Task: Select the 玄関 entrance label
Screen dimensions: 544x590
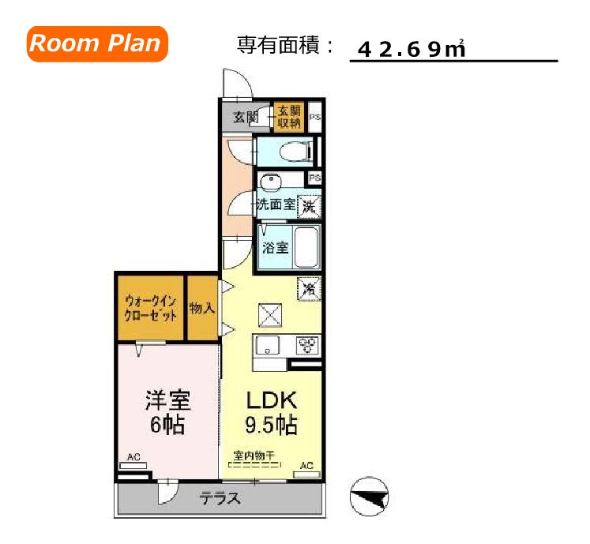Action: coord(246,118)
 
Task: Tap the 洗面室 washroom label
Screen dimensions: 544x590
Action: coord(275,204)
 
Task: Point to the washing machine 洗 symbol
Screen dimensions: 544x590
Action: coord(310,206)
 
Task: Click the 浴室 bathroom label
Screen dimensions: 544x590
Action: coord(275,247)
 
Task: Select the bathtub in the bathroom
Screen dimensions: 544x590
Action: coord(306,246)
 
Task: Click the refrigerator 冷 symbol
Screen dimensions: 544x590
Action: coord(310,289)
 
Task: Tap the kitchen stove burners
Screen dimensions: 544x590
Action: coord(307,345)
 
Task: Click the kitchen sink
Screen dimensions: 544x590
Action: coord(267,345)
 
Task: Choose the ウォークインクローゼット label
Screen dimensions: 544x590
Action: coord(150,307)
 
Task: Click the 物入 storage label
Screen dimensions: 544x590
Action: coord(202,307)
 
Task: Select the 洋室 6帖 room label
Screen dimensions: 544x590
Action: coord(167,412)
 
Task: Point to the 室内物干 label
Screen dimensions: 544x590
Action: coord(254,456)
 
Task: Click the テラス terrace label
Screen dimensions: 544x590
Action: coord(219,499)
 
